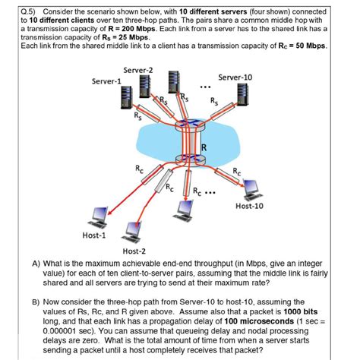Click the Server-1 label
pyautogui.click(x=106, y=81)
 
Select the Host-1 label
pyautogui.click(x=94, y=236)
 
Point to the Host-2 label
pyautogui.click(x=134, y=250)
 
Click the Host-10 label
pyautogui.click(x=250, y=205)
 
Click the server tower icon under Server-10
pyautogui.click(x=243, y=95)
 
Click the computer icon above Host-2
pyautogui.click(x=135, y=229)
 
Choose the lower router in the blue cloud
pyautogui.click(x=186, y=159)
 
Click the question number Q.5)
pyautogui.click(x=12, y=12)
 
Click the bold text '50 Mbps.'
pyautogui.click(x=309, y=46)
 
